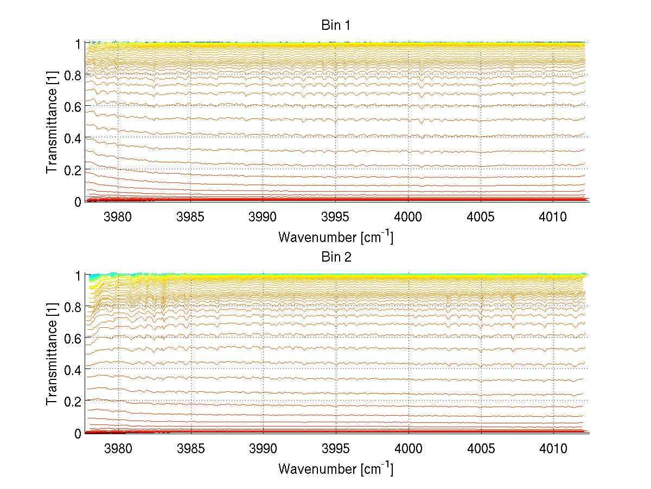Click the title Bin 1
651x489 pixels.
pyautogui.click(x=336, y=25)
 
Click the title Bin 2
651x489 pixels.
pyautogui.click(x=336, y=257)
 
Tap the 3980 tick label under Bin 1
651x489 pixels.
pyautogui.click(x=118, y=217)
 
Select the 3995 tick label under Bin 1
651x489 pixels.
pyautogui.click(x=336, y=217)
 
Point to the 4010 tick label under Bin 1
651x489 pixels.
pyautogui.click(x=553, y=217)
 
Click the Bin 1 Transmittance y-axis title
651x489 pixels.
pyautogui.click(x=52, y=122)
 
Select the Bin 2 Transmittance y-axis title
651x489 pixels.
pyautogui.click(x=52, y=354)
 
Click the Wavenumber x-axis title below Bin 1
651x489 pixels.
pyautogui.click(x=336, y=237)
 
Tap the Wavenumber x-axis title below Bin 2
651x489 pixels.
pyautogui.click(x=336, y=468)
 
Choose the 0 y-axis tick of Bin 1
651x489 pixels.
pyautogui.click(x=78, y=201)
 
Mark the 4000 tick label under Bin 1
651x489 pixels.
pyautogui.click(x=409, y=217)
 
